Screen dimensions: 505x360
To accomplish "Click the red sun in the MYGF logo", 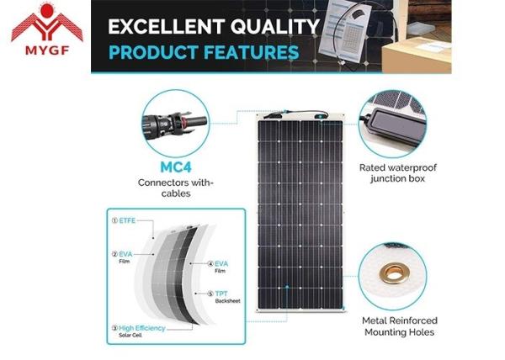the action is (47, 10).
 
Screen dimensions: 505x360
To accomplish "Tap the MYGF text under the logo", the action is (47, 50).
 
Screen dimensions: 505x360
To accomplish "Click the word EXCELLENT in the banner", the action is (166, 26).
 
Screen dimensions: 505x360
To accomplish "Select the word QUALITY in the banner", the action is (274, 26).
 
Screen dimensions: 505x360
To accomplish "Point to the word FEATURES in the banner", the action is (251, 52).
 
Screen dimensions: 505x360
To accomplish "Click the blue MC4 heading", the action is (176, 167).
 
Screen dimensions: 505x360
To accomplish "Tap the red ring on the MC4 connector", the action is (183, 123).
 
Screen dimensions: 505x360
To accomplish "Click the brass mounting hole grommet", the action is (394, 273).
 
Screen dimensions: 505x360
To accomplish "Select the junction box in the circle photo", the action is (396, 124).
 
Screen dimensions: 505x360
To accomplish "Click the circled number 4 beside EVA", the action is (210, 264).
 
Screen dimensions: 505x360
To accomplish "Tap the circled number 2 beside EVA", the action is (114, 254).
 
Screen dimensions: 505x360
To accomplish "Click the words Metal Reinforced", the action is (399, 320).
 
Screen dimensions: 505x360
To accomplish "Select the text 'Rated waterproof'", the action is (398, 167).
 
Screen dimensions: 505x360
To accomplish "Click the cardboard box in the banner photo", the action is (417, 55).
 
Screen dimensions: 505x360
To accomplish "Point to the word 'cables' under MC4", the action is (176, 193).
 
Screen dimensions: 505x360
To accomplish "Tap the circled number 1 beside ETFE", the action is (114, 220).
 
